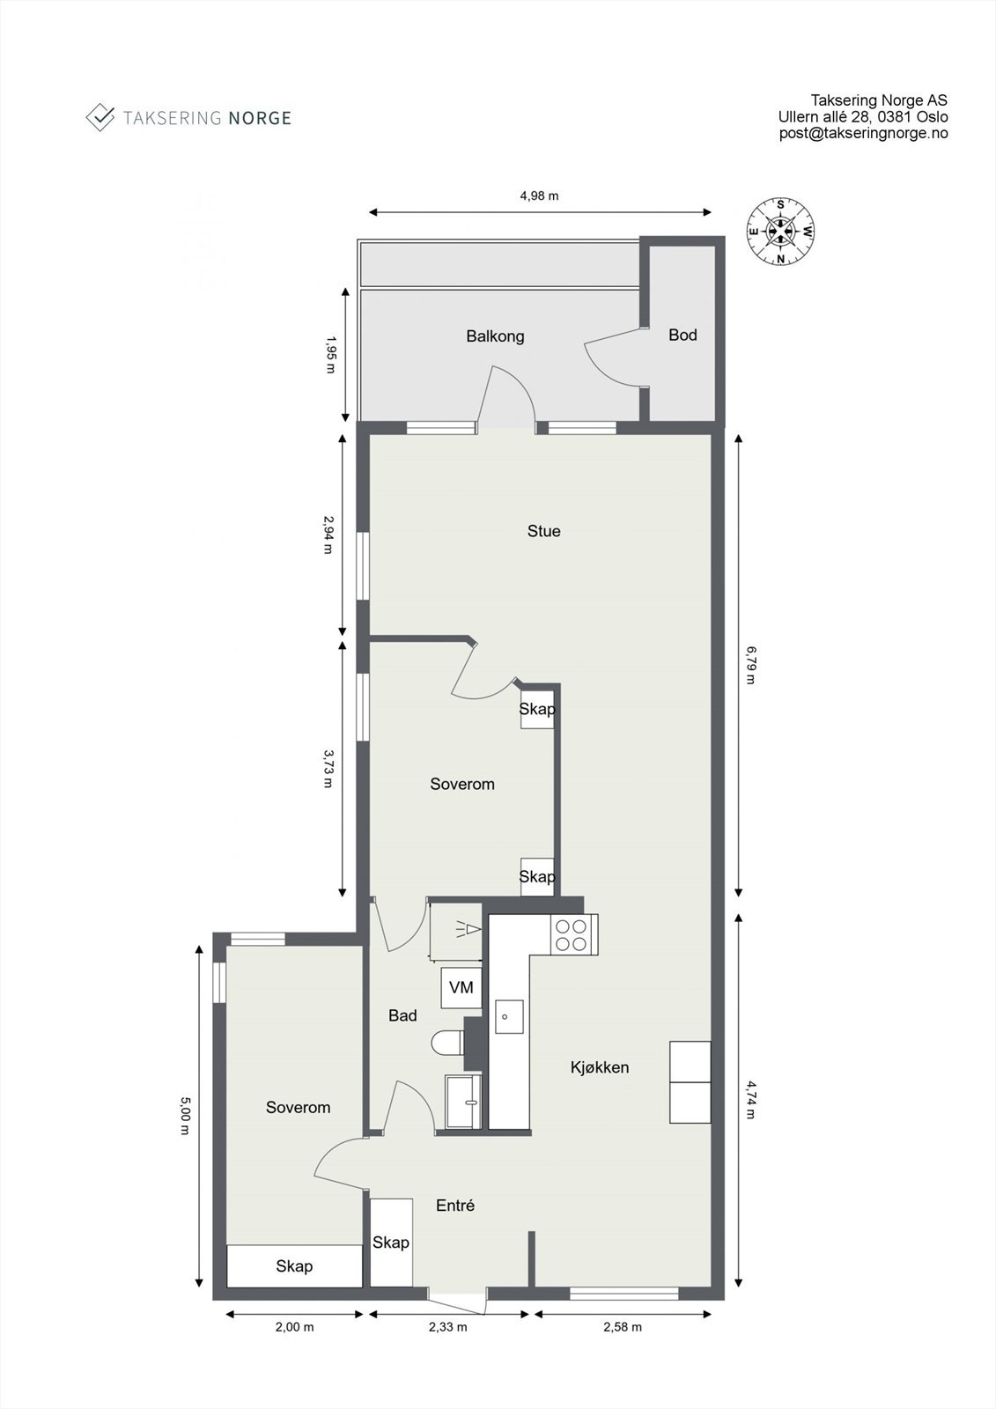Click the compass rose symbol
click(780, 232)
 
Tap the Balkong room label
click(495, 336)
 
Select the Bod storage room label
click(682, 335)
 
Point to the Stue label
click(543, 531)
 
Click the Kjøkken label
click(600, 1067)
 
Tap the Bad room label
click(402, 1015)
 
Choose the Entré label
click(455, 1206)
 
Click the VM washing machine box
click(461, 988)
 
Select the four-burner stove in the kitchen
click(570, 934)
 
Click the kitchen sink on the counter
click(508, 1016)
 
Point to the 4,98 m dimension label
click(539, 195)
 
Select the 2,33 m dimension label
click(447, 1327)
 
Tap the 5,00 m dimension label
click(184, 1115)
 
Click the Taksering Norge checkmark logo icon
click(100, 117)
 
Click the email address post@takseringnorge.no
click(863, 133)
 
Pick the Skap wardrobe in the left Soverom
click(294, 1266)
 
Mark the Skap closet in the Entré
click(391, 1242)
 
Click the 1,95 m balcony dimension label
click(329, 354)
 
